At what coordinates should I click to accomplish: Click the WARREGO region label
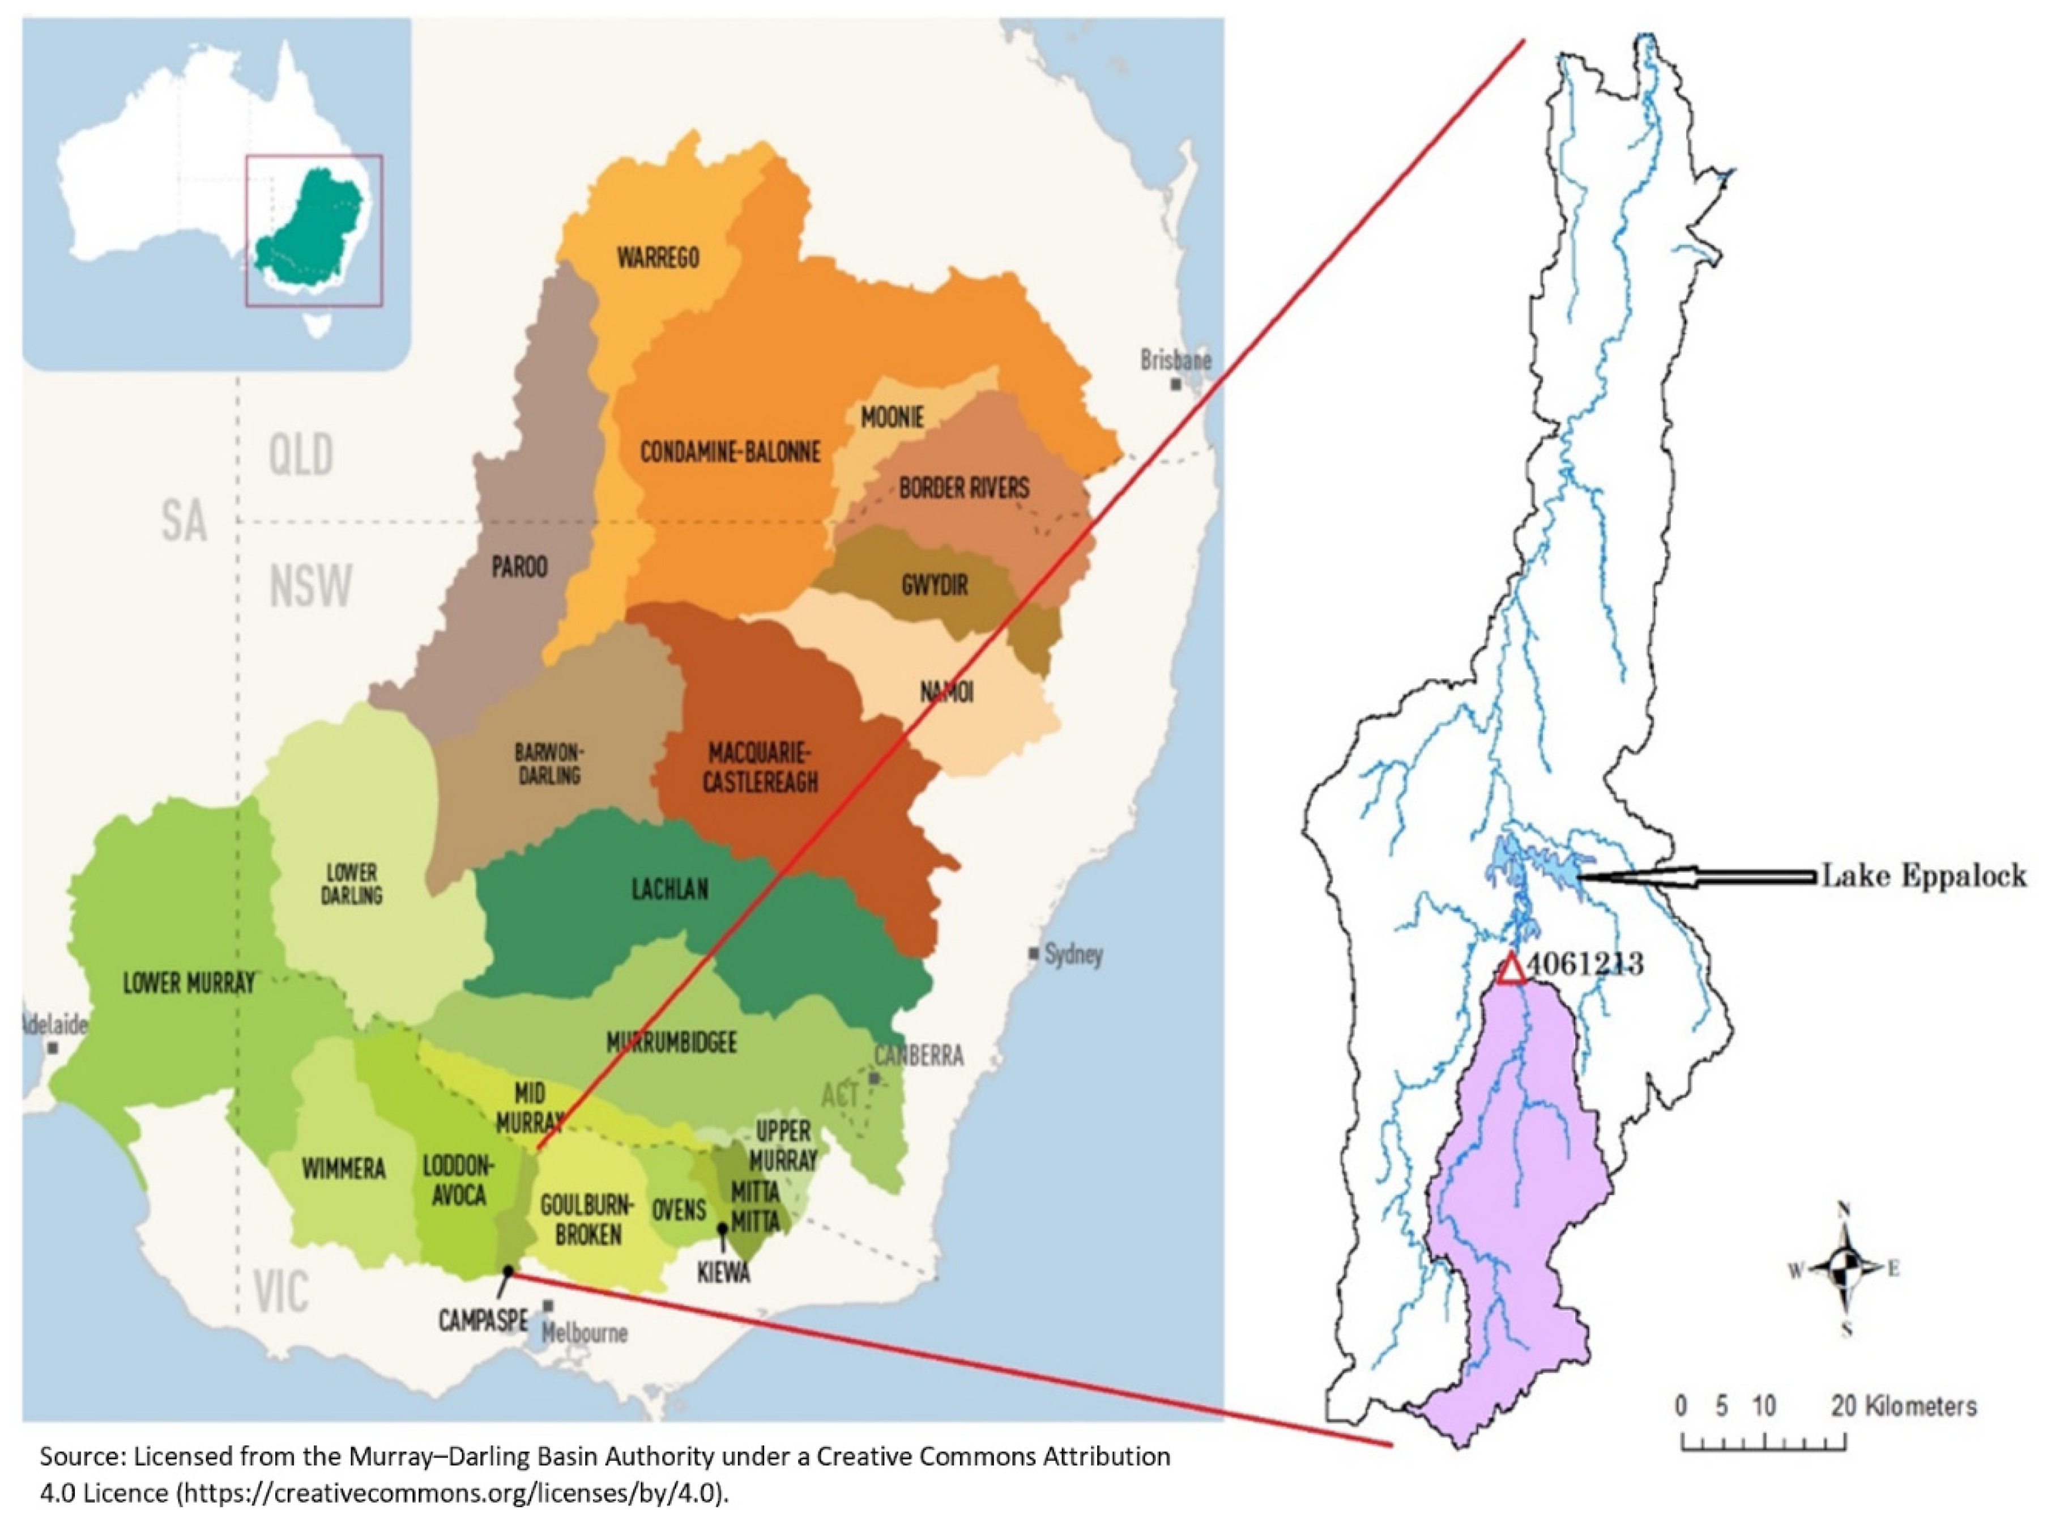[658, 258]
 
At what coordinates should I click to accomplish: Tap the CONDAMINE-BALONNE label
[730, 453]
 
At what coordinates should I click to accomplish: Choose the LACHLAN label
[670, 890]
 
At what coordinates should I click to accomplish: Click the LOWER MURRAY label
[189, 984]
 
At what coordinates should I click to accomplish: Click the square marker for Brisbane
[1175, 384]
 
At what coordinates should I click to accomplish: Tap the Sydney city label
[1073, 954]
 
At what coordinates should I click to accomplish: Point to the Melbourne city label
[585, 1333]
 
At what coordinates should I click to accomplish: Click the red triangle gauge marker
[1512, 971]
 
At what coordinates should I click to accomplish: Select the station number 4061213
[1584, 964]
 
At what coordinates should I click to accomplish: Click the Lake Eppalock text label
[1924, 875]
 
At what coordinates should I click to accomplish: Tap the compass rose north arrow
[1844, 1218]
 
